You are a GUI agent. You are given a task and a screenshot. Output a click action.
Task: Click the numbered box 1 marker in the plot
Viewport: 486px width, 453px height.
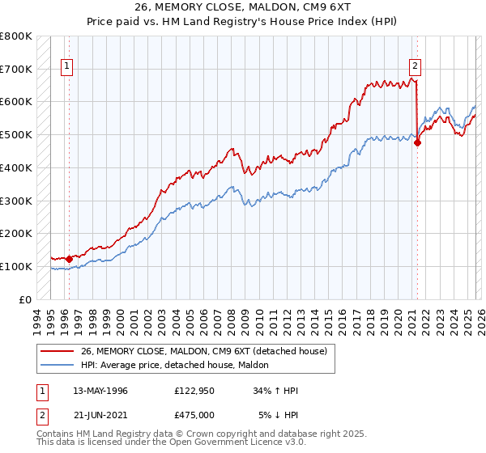click(66, 67)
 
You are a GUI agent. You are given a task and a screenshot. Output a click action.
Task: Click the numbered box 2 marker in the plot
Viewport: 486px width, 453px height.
click(415, 67)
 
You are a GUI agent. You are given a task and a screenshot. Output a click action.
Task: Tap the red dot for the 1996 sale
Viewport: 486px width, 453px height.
click(69, 259)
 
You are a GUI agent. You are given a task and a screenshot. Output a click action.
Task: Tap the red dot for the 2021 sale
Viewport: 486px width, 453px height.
click(418, 143)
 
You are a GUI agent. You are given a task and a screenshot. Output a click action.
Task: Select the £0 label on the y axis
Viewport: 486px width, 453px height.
click(26, 299)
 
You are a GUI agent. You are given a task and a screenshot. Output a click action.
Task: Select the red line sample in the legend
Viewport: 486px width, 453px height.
click(58, 352)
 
